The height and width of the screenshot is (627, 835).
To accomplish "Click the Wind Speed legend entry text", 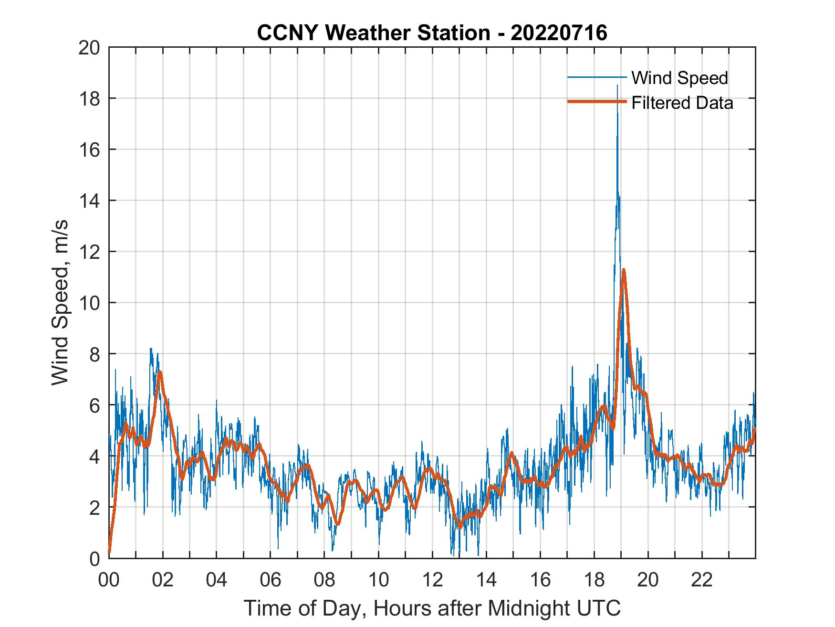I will coord(679,78).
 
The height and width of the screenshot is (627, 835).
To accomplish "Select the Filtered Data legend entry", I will coord(682,103).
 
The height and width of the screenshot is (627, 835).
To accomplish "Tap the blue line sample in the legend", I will coord(596,77).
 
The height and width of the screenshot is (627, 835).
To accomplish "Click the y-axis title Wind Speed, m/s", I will coord(61,302).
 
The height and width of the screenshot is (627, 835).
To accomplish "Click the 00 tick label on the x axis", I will coord(109,580).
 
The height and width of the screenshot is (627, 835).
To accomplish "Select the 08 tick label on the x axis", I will coord(324,580).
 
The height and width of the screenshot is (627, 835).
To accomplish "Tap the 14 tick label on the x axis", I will coord(486,580).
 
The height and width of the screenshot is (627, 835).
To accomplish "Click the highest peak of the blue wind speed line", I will coord(617,86).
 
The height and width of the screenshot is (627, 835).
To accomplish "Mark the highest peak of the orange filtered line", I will coord(623,270).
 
